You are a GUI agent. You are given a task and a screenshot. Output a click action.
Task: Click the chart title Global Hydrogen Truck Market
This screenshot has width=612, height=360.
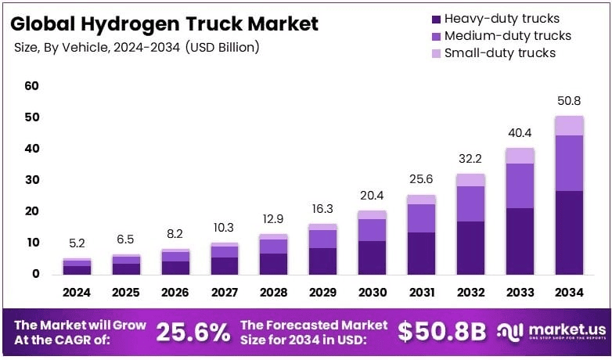pos(164,23)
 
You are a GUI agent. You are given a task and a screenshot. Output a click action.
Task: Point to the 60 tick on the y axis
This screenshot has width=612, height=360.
pos(31,85)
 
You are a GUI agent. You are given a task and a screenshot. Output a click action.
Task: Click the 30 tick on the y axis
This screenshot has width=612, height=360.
pos(31,180)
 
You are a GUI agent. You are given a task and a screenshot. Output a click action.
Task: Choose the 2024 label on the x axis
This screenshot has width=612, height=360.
pos(77,293)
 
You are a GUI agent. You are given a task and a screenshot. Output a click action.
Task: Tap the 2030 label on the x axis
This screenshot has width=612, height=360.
pos(372,293)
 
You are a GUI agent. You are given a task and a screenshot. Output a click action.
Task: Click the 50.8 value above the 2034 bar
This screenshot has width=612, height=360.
pos(569,102)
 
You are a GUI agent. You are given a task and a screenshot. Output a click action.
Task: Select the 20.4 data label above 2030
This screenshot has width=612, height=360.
pos(372,196)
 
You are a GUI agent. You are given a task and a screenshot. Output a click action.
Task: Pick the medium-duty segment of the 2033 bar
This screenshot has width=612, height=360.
pos(520,185)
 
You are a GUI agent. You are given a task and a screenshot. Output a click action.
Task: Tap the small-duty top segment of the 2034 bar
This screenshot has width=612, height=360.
pos(569,125)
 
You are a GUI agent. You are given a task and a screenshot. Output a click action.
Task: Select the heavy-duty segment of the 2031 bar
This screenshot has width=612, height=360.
pos(421,253)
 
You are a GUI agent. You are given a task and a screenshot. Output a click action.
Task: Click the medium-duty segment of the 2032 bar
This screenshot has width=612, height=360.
pos(470,203)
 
